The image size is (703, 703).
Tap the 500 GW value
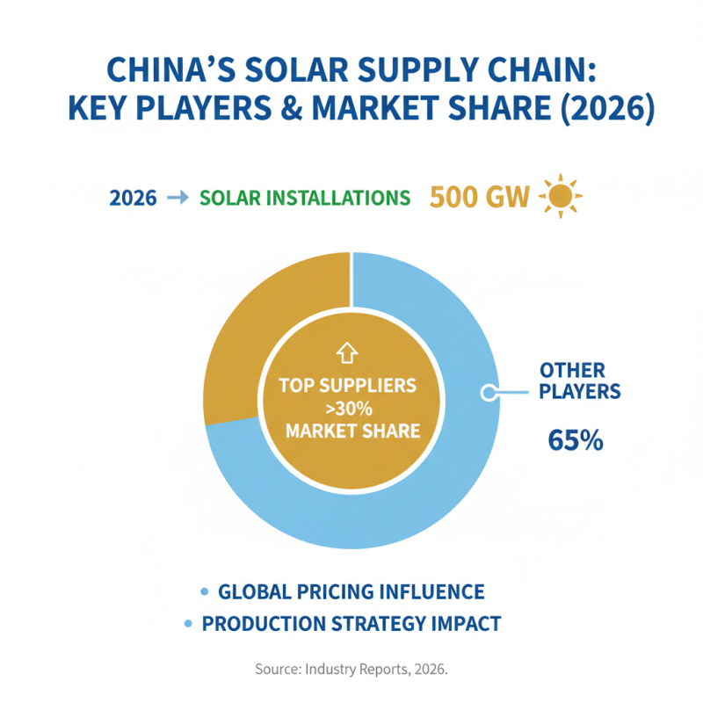pyautogui.click(x=479, y=197)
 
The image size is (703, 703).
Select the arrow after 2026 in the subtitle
pyautogui.click(x=177, y=199)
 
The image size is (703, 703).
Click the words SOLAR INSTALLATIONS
pyautogui.click(x=305, y=199)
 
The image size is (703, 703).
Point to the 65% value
pyautogui.click(x=576, y=439)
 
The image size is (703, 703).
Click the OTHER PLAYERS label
pyautogui.click(x=580, y=380)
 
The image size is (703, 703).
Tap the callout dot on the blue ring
pyautogui.click(x=487, y=393)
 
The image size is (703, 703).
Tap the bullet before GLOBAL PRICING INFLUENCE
pyautogui.click(x=205, y=591)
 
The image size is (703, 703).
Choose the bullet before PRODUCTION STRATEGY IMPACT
pyautogui.click(x=188, y=624)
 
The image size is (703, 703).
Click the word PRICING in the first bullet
pyautogui.click(x=330, y=591)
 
